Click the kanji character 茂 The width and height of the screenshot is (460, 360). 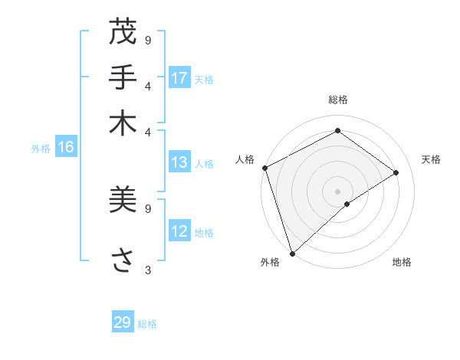click(x=123, y=34)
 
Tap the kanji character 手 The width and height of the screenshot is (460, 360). click(x=123, y=77)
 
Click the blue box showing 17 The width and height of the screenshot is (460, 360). click(x=179, y=78)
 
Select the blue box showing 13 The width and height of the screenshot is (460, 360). click(x=179, y=162)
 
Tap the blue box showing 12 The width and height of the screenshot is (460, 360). click(x=179, y=231)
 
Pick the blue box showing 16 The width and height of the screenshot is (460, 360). click(x=66, y=148)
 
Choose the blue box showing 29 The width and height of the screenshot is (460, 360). click(x=123, y=322)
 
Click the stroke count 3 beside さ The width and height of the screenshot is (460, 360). click(x=148, y=270)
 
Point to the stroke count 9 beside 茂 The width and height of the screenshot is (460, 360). click(x=148, y=40)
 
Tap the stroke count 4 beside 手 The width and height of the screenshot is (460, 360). click(x=148, y=86)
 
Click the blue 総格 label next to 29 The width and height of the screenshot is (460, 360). click(x=147, y=324)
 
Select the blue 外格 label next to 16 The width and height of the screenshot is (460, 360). click(x=41, y=149)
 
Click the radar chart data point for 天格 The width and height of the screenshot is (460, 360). click(x=396, y=172)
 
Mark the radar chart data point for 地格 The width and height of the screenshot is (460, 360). click(x=347, y=204)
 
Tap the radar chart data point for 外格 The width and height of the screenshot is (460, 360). click(x=292, y=253)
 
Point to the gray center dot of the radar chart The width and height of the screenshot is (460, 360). click(x=337, y=191)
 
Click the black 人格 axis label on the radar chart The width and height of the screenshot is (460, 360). click(x=245, y=159)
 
